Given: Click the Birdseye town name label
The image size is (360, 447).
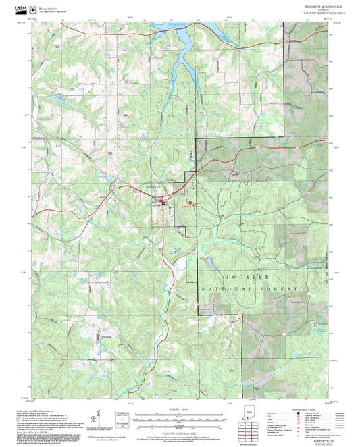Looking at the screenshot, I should (x=137, y=186).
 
